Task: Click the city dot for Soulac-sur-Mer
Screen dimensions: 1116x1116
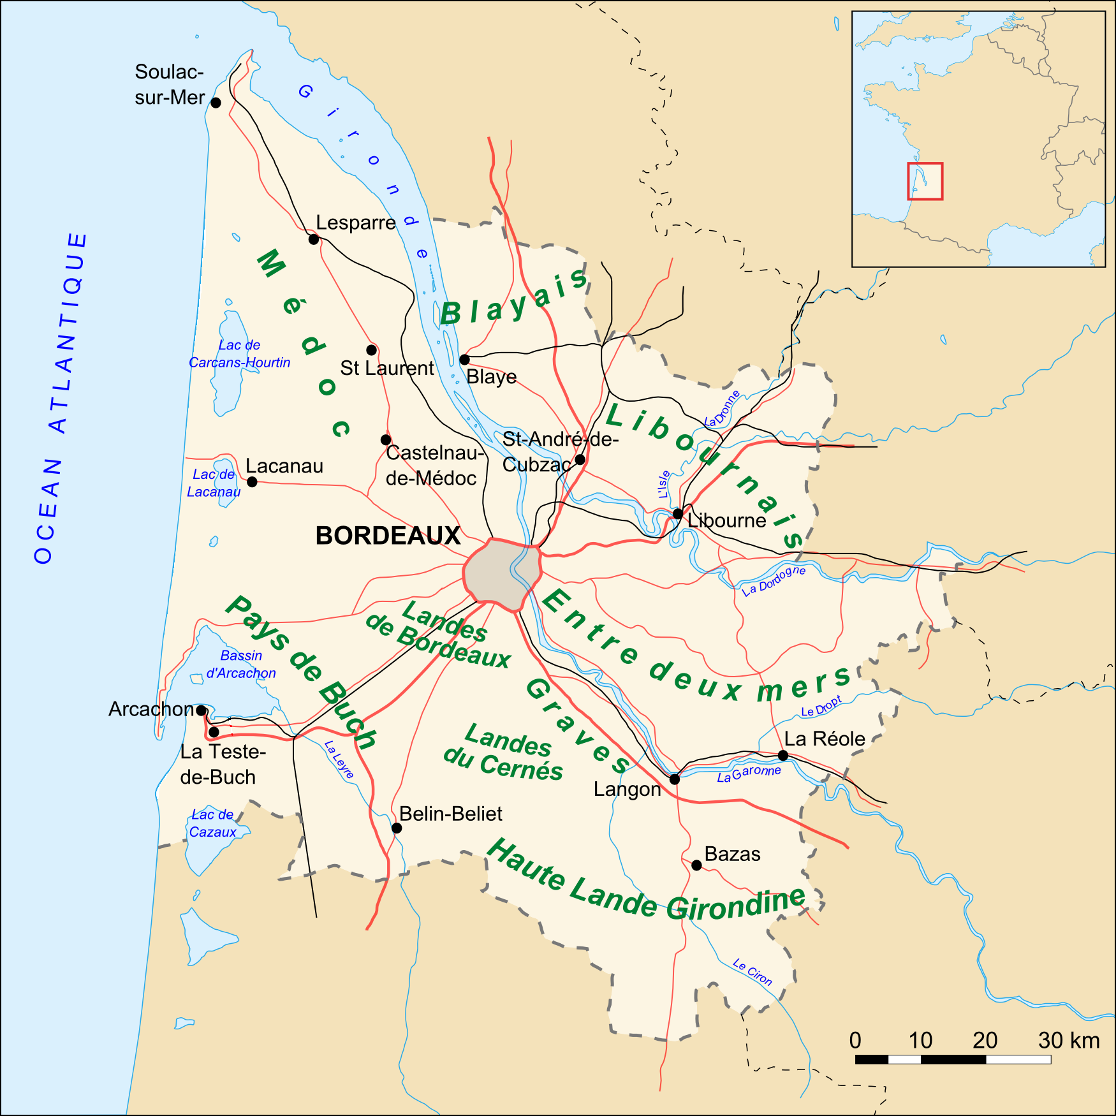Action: (216, 103)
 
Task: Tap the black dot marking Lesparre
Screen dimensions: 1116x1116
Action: (313, 239)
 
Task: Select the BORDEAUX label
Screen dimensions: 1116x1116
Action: (388, 536)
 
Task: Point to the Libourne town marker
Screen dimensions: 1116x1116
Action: (678, 514)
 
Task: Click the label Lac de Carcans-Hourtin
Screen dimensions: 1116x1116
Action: (239, 354)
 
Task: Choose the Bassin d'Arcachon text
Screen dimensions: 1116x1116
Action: (241, 664)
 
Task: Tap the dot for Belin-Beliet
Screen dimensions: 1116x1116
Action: (397, 828)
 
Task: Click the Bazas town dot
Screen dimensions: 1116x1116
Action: (696, 865)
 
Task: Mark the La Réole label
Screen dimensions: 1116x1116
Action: (825, 739)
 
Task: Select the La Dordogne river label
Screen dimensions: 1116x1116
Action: (774, 580)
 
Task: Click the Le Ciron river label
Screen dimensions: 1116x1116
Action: (753, 972)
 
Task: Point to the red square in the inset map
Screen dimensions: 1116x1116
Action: (925, 181)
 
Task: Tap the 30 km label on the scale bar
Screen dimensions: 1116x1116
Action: (1069, 1041)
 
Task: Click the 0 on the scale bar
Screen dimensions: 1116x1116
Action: (855, 1041)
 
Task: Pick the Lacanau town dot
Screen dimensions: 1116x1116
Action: (252, 481)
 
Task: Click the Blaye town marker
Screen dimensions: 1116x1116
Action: (464, 360)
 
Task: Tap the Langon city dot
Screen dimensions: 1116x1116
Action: (674, 779)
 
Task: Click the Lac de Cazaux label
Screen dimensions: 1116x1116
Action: (212, 823)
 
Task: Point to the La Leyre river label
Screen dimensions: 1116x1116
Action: (339, 760)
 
